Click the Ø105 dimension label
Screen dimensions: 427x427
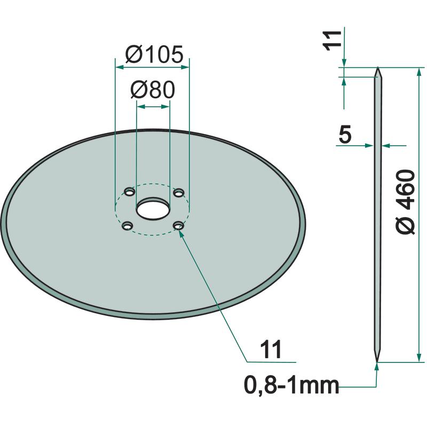(x=154, y=55)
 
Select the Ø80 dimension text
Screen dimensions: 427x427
(x=153, y=90)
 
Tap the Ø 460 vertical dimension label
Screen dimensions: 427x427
(x=406, y=202)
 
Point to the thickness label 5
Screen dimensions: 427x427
(x=345, y=135)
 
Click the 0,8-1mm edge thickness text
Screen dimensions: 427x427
(x=291, y=385)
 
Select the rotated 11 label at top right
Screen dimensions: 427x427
(x=332, y=41)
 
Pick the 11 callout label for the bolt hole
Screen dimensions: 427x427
(x=271, y=350)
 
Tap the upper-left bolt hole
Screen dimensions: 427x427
(x=129, y=192)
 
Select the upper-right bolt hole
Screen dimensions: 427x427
(x=179, y=193)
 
